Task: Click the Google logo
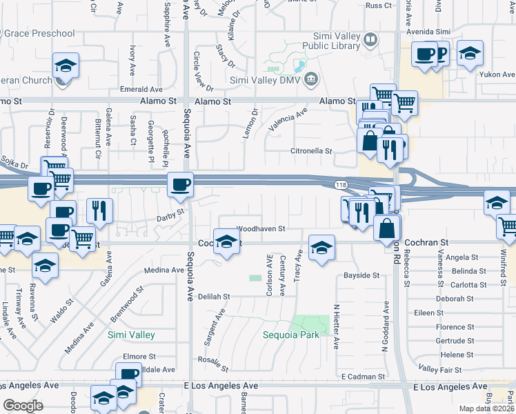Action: tap(23, 405)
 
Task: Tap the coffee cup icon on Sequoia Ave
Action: tap(181, 185)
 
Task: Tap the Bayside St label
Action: tap(361, 275)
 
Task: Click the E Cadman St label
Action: tap(363, 377)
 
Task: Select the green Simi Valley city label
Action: tap(131, 335)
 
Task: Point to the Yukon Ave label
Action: tap(499, 75)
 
